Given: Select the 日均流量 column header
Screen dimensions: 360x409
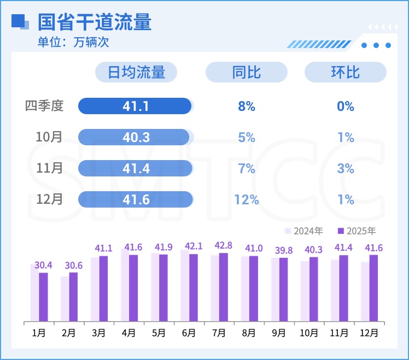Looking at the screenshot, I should [x=136, y=72].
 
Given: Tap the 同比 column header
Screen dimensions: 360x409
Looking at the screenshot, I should [x=247, y=72].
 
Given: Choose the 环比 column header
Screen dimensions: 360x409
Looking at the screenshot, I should [x=345, y=72].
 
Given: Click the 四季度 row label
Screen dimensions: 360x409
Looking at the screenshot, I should [x=44, y=106].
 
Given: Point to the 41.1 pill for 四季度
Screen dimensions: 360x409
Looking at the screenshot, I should [x=135, y=106].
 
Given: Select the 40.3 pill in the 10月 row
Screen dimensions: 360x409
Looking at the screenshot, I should [x=135, y=137].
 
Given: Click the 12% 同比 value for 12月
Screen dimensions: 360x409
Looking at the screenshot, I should [x=247, y=200].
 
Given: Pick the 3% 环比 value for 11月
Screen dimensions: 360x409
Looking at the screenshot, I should [x=346, y=168].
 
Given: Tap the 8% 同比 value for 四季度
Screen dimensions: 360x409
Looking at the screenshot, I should [x=247, y=106].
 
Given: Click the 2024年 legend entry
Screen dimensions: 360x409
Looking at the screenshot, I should [x=305, y=231].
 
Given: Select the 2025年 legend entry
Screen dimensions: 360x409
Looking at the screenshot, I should [x=357, y=231].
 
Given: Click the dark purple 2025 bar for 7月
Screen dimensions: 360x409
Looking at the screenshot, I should [x=223, y=287].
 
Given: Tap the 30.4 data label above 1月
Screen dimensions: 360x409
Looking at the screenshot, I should [x=43, y=265].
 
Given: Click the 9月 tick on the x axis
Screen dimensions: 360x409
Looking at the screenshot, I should [x=278, y=332].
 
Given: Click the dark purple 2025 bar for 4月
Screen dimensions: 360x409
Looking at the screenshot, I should [x=133, y=288].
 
